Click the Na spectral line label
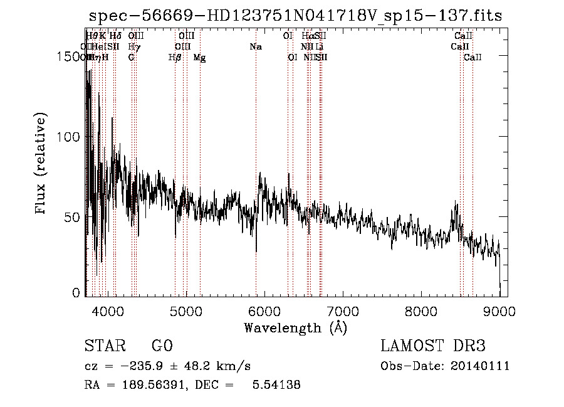(256, 47)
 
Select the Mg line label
(199, 58)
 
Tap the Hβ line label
(175, 58)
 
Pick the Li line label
(320, 47)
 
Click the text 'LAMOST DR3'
(433, 346)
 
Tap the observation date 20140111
(482, 366)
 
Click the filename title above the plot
(295, 16)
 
